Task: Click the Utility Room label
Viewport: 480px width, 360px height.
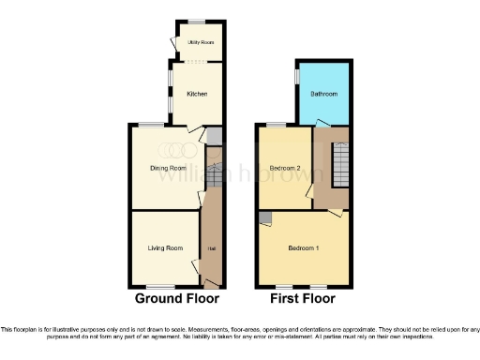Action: click(197, 42)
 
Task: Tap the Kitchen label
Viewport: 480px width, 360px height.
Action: click(196, 95)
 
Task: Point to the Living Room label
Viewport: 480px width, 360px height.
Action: click(165, 247)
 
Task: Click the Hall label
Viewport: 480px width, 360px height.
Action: click(212, 247)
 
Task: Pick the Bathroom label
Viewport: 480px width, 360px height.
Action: click(324, 95)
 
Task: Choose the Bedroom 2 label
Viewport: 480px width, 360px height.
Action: click(283, 169)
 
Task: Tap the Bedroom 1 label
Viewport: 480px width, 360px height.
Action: click(303, 247)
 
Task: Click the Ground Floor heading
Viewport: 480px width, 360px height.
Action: click(177, 300)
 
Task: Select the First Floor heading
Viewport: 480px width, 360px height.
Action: click(303, 300)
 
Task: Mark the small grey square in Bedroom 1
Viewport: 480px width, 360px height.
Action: click(265, 217)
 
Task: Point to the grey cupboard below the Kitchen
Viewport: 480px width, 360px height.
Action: click(214, 137)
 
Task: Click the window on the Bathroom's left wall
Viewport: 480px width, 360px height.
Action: click(297, 78)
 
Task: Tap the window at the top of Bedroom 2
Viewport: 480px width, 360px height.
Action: click(277, 125)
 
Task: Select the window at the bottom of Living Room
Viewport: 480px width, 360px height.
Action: click(163, 286)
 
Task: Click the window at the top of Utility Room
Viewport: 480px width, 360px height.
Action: click(197, 22)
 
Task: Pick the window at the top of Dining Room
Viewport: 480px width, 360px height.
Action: click(153, 125)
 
